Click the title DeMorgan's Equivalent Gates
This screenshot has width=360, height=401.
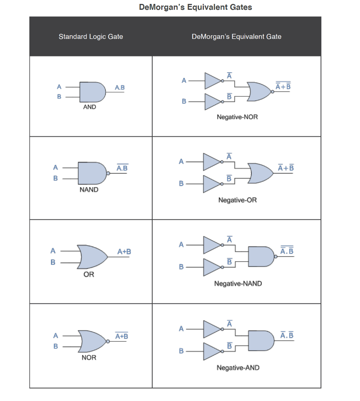tap(196, 7)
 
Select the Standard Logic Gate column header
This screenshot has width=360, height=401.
tap(91, 37)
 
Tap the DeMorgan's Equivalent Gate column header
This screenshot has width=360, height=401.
tap(236, 37)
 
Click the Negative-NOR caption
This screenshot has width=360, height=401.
tap(237, 117)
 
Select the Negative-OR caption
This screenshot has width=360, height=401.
tap(238, 200)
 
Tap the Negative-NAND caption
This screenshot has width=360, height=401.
tap(238, 283)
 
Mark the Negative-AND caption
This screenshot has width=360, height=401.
tap(238, 368)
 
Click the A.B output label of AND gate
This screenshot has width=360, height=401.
tap(120, 87)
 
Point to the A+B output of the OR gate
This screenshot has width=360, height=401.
tap(124, 251)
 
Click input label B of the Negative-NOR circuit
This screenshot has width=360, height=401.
tap(184, 102)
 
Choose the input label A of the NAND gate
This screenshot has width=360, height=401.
tap(56, 168)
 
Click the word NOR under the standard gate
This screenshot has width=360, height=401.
tap(89, 358)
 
